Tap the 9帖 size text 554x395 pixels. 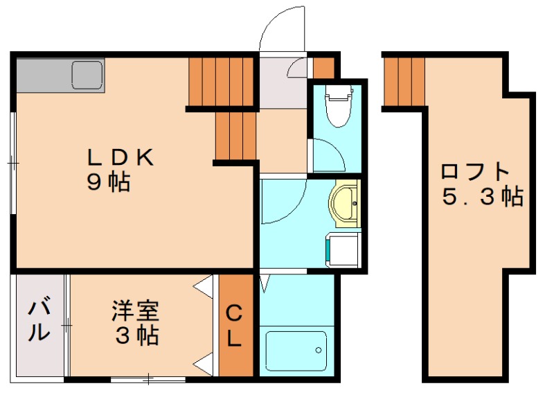(x=109, y=183)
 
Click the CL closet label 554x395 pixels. (x=235, y=326)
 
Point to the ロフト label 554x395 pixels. (x=476, y=171)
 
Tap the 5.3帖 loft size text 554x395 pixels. (x=483, y=197)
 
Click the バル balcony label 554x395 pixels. (x=39, y=319)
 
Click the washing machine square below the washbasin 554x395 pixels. (x=343, y=249)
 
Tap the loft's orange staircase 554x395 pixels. (x=403, y=82)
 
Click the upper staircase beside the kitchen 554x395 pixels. (x=222, y=82)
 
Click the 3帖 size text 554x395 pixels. (x=136, y=336)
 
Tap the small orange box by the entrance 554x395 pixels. (x=323, y=68)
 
